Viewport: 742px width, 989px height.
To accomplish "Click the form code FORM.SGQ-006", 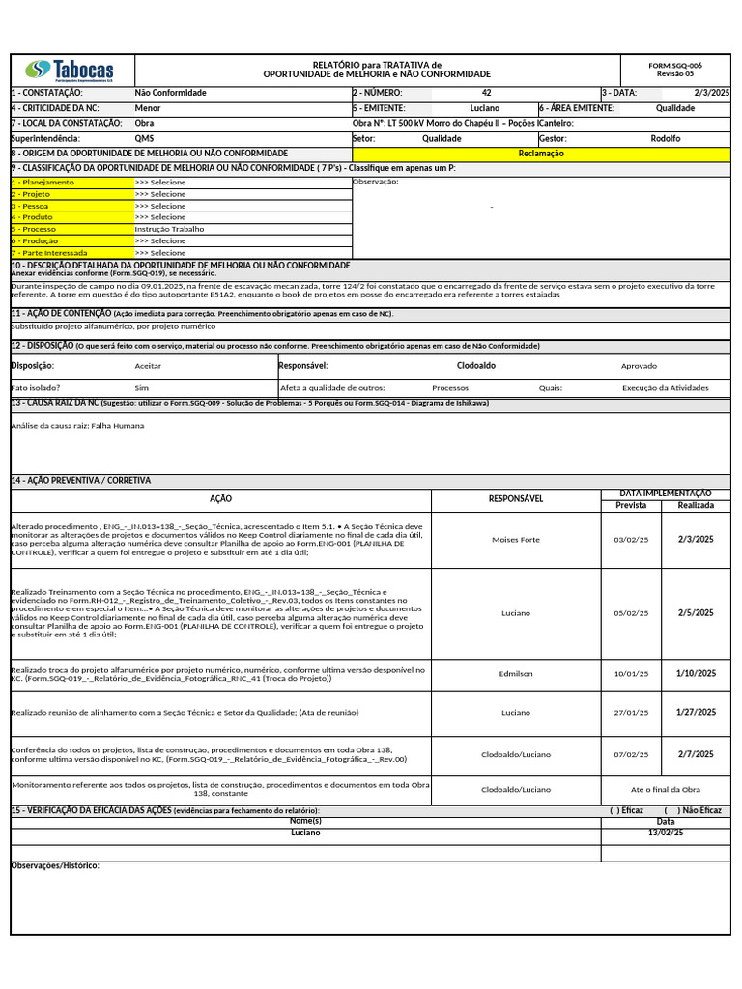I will pyautogui.click(x=675, y=66).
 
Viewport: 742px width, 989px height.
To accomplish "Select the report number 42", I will pyautogui.click(x=486, y=93).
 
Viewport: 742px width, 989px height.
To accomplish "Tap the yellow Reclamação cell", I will pyautogui.click(x=541, y=154).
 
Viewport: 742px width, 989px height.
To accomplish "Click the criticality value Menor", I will pyautogui.click(x=148, y=108).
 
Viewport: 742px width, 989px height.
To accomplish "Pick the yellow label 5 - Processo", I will pyautogui.click(x=34, y=229).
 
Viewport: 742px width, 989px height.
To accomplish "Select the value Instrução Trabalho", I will pyautogui.click(x=170, y=229).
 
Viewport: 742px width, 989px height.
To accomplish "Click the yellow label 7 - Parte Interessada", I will pyautogui.click(x=49, y=252).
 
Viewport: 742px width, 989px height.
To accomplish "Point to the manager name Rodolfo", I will pyautogui.click(x=665, y=138).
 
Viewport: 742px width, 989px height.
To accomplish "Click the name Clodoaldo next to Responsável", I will pyautogui.click(x=476, y=366).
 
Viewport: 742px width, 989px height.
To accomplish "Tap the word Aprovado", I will pyautogui.click(x=639, y=366).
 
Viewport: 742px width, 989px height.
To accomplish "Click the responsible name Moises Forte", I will pyautogui.click(x=516, y=540).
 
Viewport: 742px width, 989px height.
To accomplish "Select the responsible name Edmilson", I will pyautogui.click(x=516, y=674).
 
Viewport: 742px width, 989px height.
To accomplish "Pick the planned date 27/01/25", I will pyautogui.click(x=631, y=713).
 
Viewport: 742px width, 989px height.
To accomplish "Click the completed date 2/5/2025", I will pyautogui.click(x=696, y=612).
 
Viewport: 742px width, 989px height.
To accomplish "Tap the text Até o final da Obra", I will pyautogui.click(x=666, y=789).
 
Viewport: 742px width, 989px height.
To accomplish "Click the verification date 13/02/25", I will pyautogui.click(x=665, y=833).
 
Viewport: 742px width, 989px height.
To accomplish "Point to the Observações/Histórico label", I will pyautogui.click(x=55, y=865).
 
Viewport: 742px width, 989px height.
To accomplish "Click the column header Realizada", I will pyautogui.click(x=696, y=505).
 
